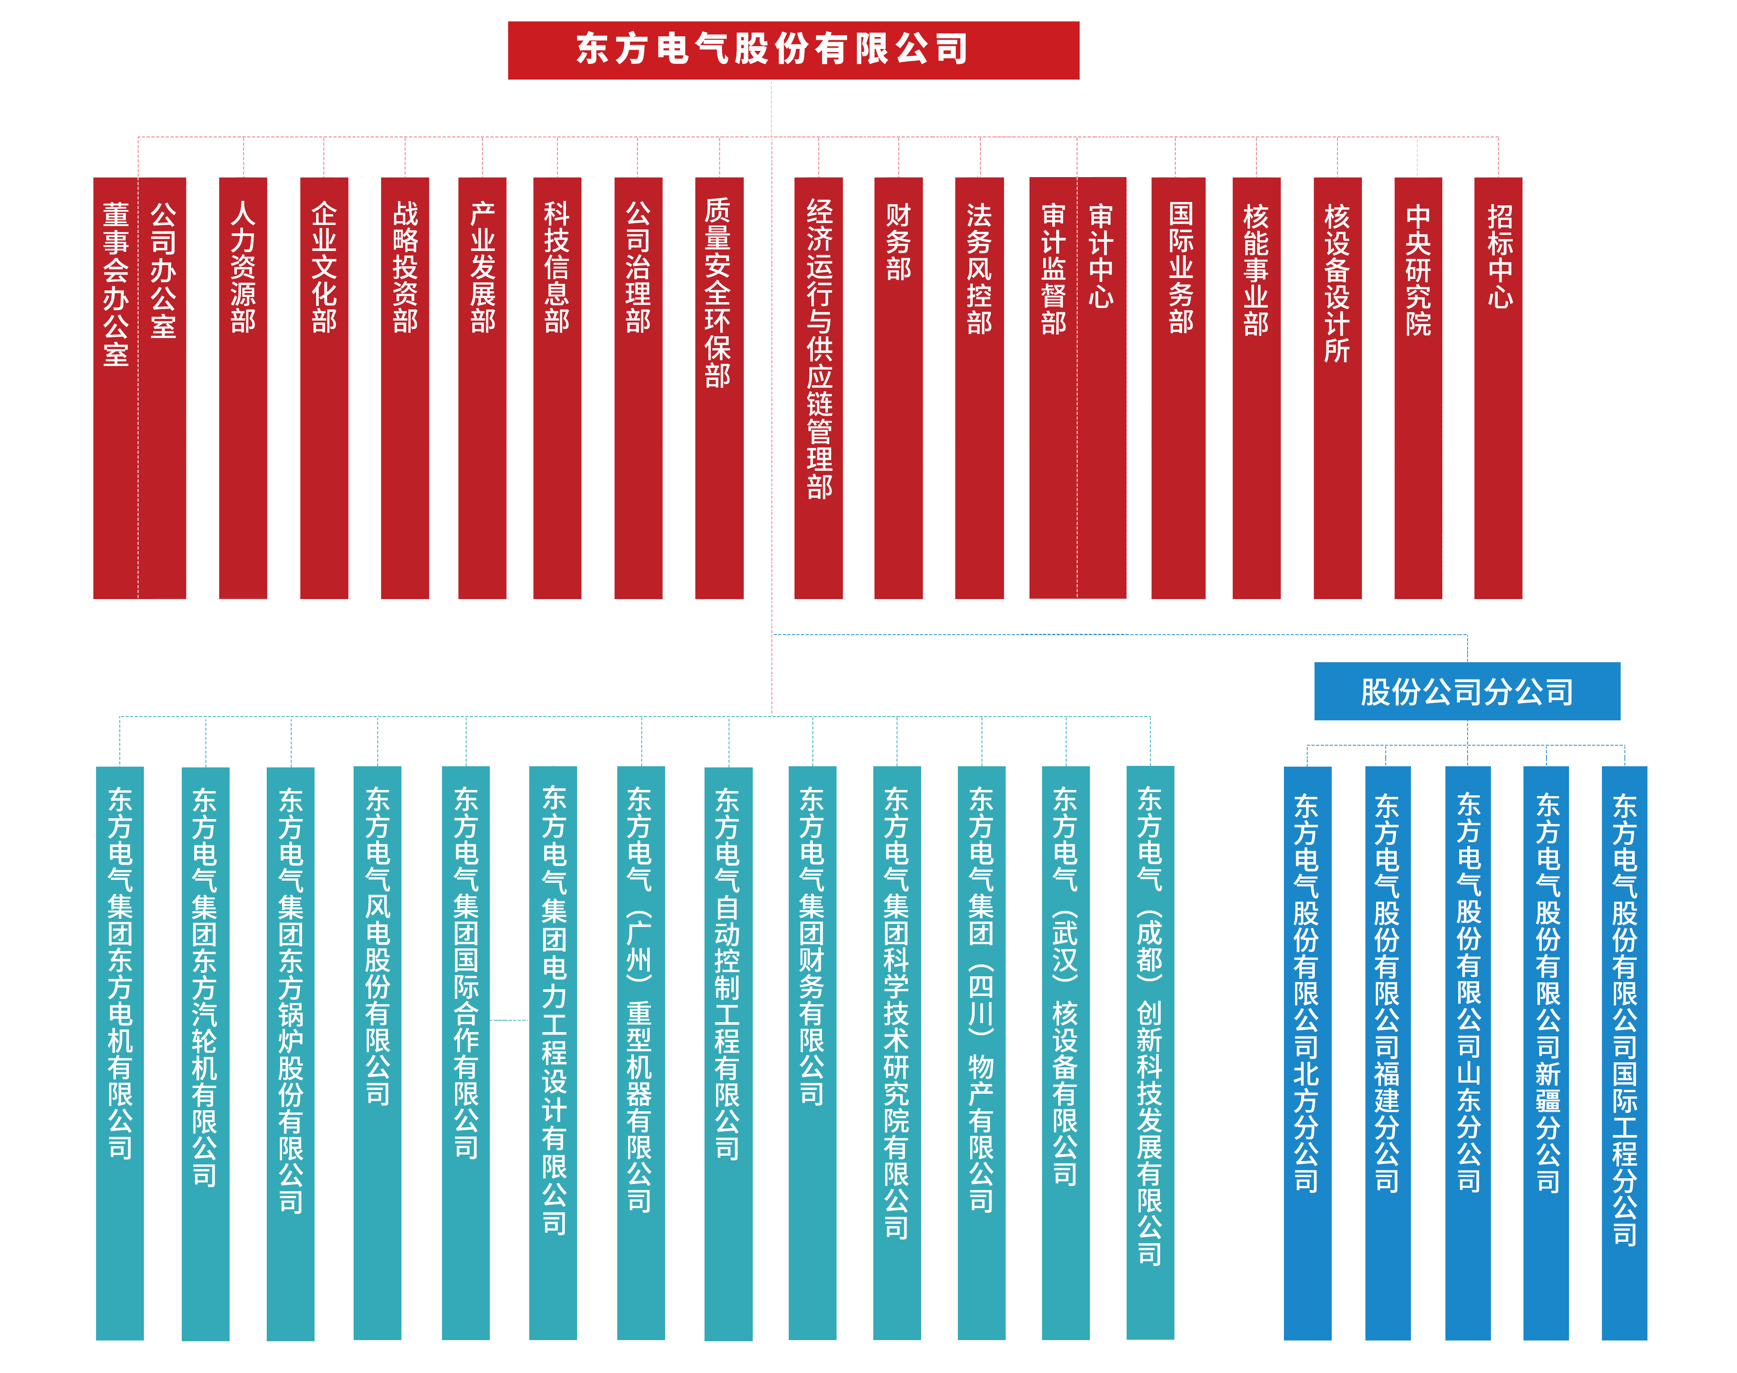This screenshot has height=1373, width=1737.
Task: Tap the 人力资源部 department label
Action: [243, 268]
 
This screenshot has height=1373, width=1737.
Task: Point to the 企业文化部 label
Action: [324, 268]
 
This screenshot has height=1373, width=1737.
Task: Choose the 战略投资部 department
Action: [405, 268]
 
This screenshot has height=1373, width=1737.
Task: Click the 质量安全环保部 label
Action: [717, 293]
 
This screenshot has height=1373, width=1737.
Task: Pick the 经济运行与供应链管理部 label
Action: [819, 350]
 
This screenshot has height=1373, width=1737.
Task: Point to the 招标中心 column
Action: [1499, 256]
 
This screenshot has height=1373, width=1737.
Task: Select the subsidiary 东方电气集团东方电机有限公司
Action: [120, 973]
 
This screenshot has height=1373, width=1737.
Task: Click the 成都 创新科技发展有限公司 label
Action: [1149, 1025]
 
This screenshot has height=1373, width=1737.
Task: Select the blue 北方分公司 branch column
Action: [1306, 993]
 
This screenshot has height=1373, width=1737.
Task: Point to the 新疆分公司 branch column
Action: [1547, 993]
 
